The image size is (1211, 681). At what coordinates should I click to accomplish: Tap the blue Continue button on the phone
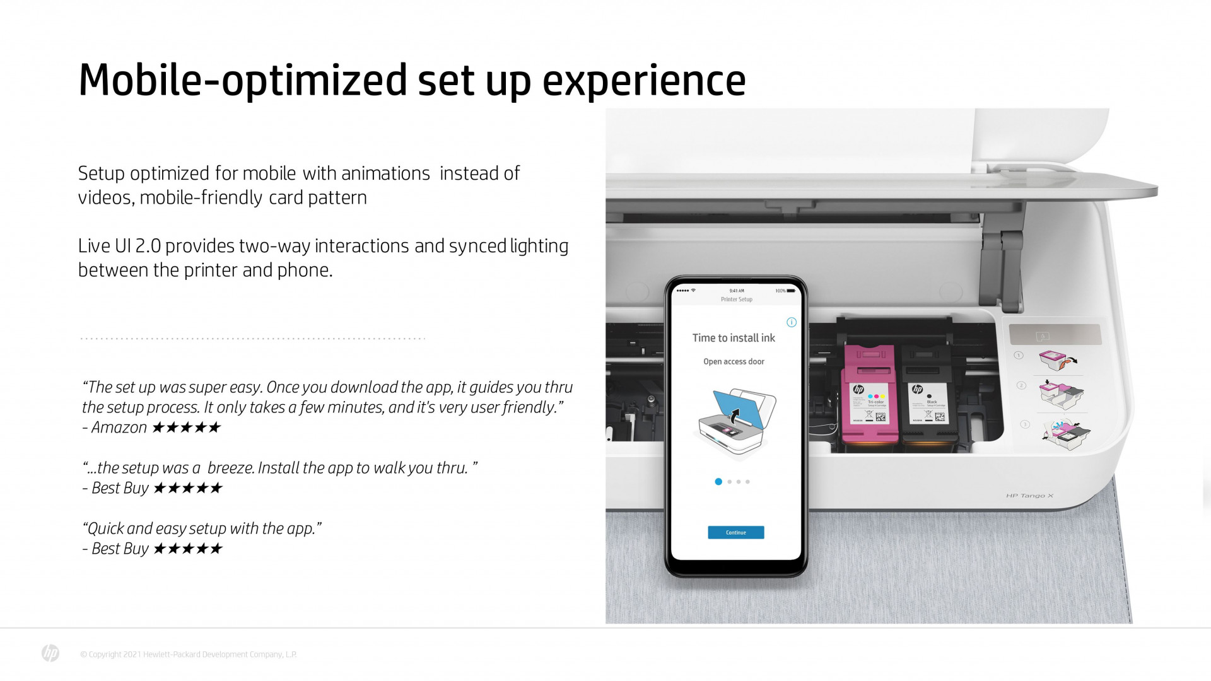pyautogui.click(x=735, y=533)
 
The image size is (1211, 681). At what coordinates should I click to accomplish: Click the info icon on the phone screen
pyautogui.click(x=792, y=322)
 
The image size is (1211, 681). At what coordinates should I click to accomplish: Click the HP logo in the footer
pyautogui.click(x=50, y=653)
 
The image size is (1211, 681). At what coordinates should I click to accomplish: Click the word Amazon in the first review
pyautogui.click(x=119, y=428)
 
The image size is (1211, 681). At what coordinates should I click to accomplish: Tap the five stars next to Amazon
pyautogui.click(x=187, y=428)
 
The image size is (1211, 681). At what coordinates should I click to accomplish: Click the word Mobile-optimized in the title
pyautogui.click(x=243, y=81)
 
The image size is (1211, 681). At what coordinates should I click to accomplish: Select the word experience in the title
pyautogui.click(x=644, y=81)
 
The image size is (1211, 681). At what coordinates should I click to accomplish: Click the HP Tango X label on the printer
pyautogui.click(x=1029, y=496)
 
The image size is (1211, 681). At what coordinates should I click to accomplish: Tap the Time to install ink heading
pyautogui.click(x=734, y=338)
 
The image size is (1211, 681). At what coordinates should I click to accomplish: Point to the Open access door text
pyautogui.click(x=734, y=362)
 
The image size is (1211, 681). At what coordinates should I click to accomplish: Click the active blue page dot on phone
pyautogui.click(x=718, y=482)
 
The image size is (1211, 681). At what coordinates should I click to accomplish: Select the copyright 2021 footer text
pyautogui.click(x=188, y=655)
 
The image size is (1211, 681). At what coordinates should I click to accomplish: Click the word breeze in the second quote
pyautogui.click(x=230, y=468)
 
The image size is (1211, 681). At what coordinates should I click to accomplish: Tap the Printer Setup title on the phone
pyautogui.click(x=736, y=300)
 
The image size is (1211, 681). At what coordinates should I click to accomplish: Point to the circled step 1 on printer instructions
pyautogui.click(x=1018, y=356)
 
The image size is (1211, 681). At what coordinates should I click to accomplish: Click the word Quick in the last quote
pyautogui.click(x=105, y=528)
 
